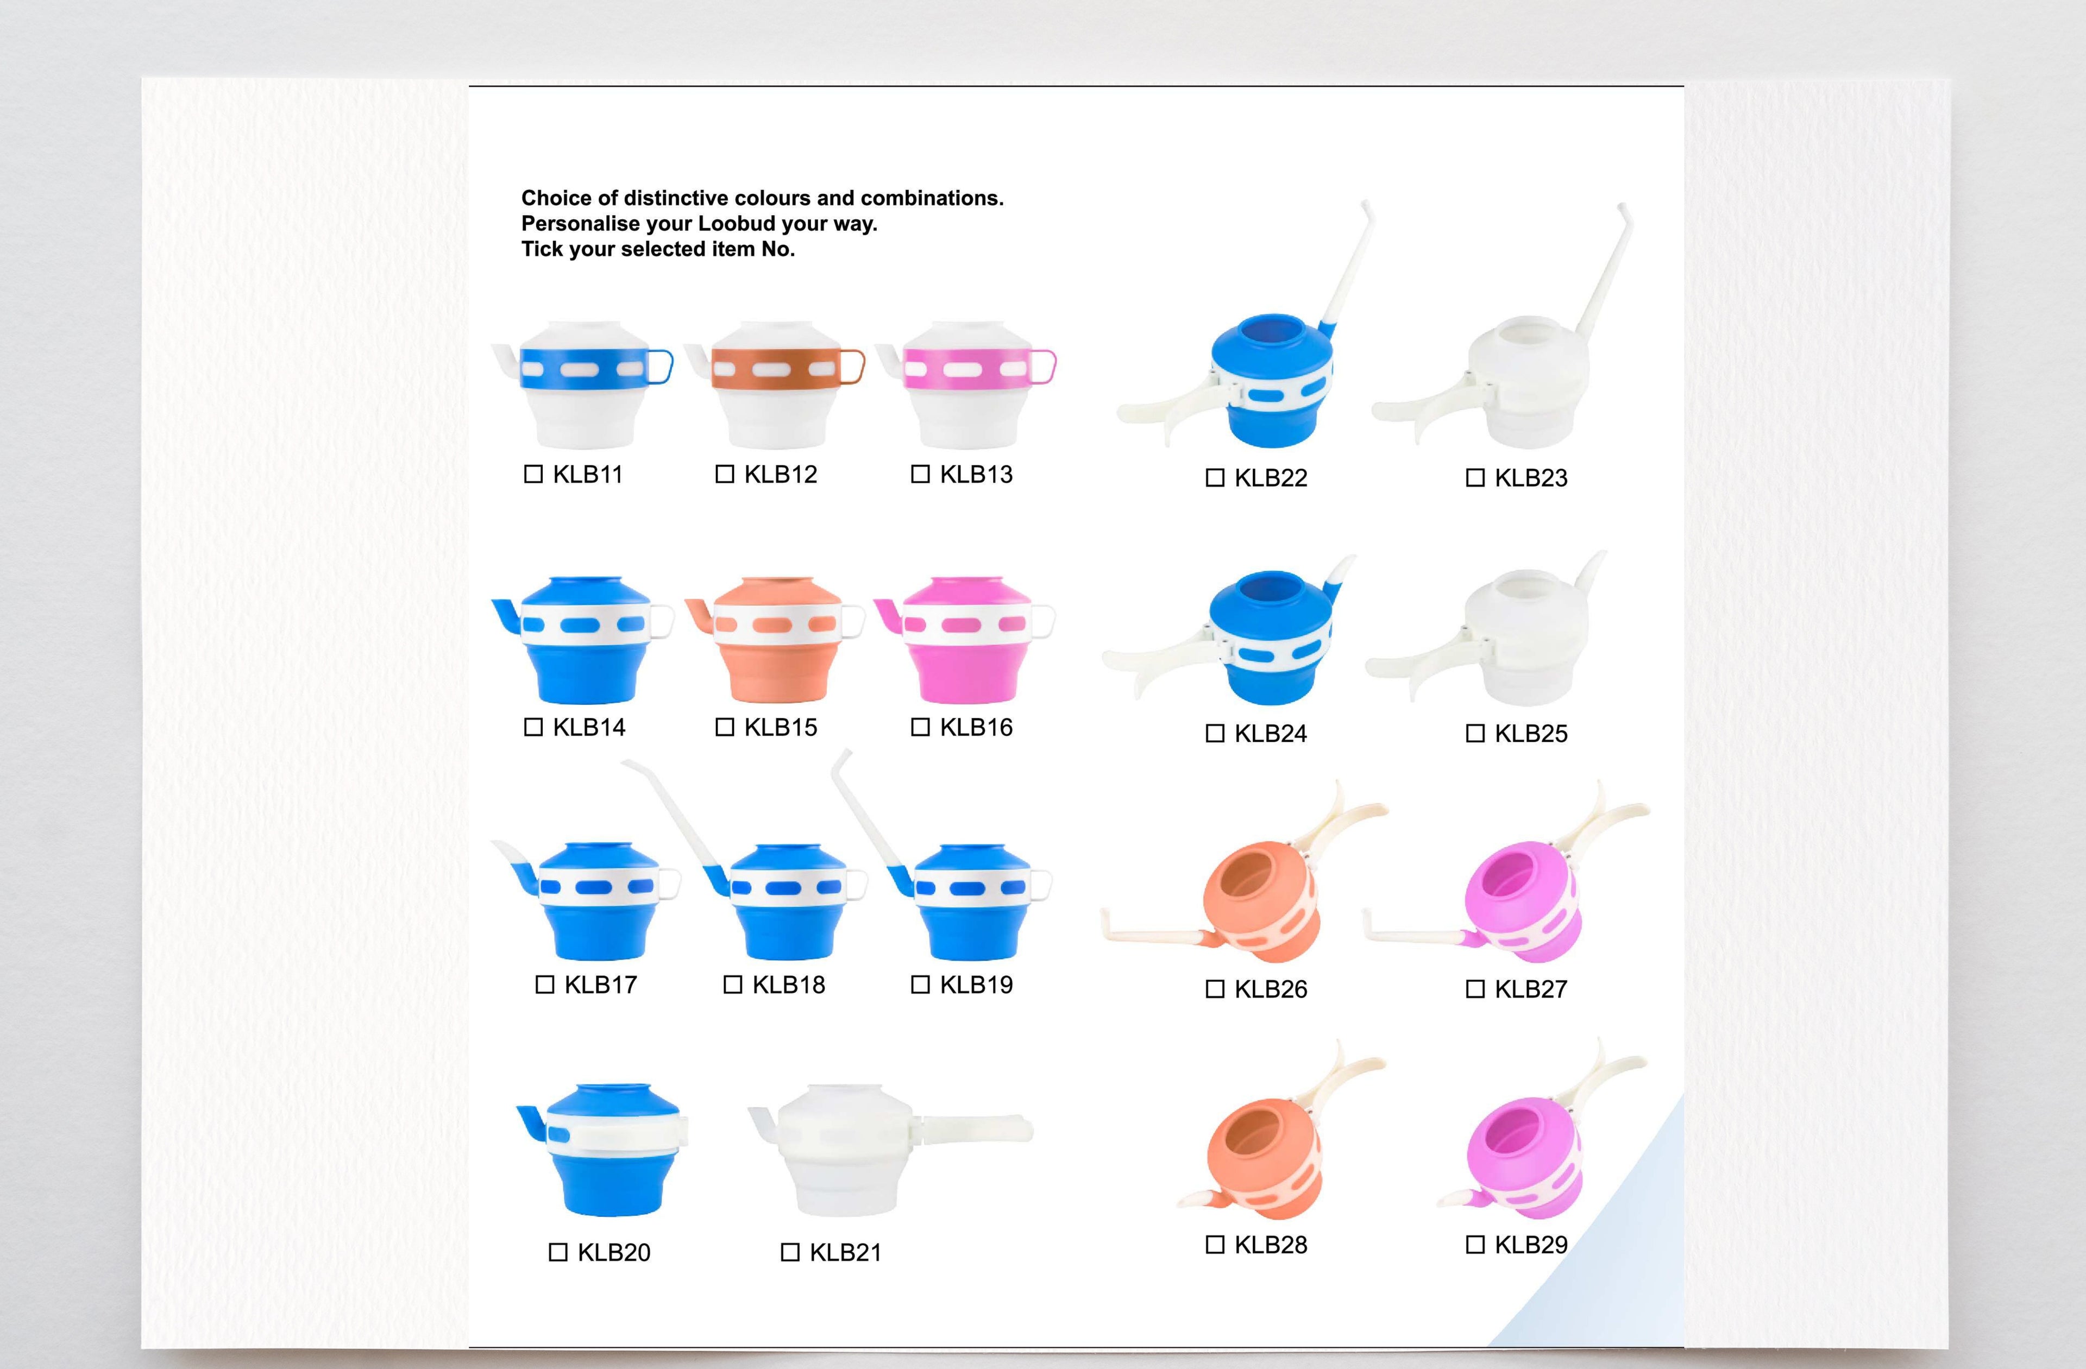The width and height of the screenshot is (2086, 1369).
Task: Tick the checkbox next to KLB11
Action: tap(533, 474)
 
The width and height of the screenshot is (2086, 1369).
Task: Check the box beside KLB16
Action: tap(920, 727)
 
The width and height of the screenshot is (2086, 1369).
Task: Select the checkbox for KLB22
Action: tap(1215, 478)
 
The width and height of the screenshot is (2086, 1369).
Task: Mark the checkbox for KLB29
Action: tap(1475, 1245)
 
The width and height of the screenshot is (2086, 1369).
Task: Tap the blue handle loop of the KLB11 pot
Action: tap(662, 367)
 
